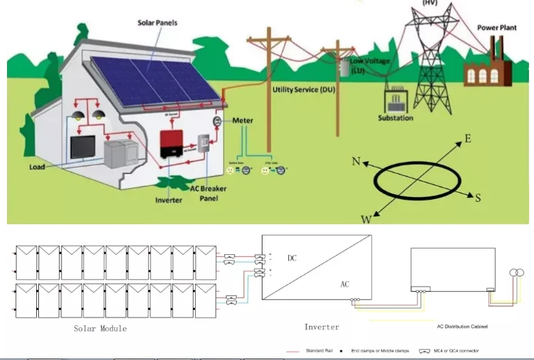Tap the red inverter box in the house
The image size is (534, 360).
174,144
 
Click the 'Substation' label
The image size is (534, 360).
395,118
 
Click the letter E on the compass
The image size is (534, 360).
467,139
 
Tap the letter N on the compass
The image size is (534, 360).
356,162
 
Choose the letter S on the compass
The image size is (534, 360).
478,198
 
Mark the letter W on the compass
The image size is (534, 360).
366,219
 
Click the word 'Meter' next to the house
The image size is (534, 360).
243,120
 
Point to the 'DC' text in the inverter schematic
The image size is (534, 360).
292,258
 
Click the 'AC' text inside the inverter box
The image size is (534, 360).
345,285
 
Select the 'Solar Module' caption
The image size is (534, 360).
100,328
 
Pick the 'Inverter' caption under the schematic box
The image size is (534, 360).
322,327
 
